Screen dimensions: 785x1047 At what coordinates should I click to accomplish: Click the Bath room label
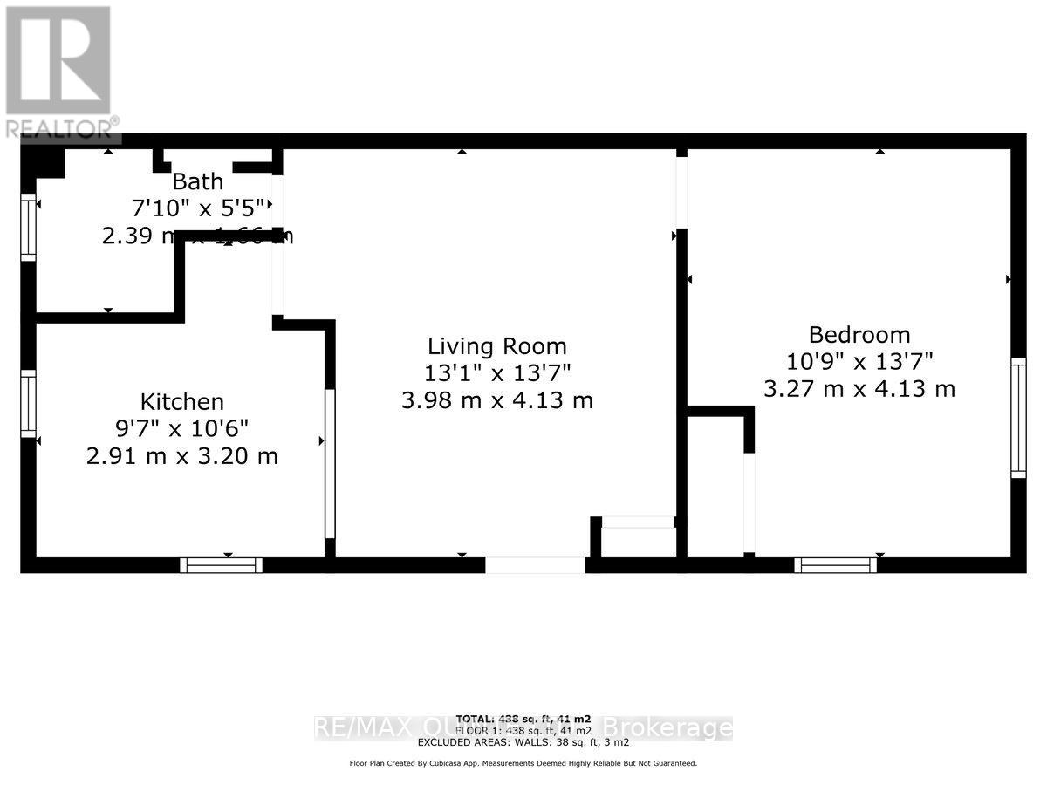pyautogui.click(x=197, y=182)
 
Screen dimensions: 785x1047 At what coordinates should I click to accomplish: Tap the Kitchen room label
pyautogui.click(x=182, y=402)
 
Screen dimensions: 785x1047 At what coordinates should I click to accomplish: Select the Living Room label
pyautogui.click(x=496, y=346)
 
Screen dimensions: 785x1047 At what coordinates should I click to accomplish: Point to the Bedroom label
pyautogui.click(x=859, y=335)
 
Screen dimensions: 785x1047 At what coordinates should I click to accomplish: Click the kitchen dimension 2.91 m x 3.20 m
pyautogui.click(x=182, y=455)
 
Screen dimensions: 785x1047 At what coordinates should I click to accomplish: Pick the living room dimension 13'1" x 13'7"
pyautogui.click(x=496, y=373)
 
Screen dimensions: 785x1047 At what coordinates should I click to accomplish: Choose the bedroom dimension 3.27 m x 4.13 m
pyautogui.click(x=859, y=388)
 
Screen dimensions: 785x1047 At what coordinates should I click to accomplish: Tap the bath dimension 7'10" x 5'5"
pyautogui.click(x=197, y=208)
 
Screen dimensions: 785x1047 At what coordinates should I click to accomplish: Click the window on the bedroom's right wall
pyautogui.click(x=1018, y=418)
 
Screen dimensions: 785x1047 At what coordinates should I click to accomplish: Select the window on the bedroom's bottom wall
pyautogui.click(x=836, y=565)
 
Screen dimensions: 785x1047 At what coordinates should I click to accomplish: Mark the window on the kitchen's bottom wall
pyautogui.click(x=222, y=565)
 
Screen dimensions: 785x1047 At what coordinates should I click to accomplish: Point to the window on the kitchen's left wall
pyautogui.click(x=28, y=405)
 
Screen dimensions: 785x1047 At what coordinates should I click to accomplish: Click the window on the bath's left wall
pyautogui.click(x=28, y=227)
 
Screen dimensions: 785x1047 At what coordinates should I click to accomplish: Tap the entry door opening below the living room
pyautogui.click(x=534, y=565)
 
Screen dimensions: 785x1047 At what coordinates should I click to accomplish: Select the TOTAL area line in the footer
pyautogui.click(x=523, y=718)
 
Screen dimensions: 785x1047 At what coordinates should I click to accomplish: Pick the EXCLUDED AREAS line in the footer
pyautogui.click(x=523, y=742)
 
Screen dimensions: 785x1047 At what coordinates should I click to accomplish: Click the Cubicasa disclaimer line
pyautogui.click(x=523, y=763)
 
